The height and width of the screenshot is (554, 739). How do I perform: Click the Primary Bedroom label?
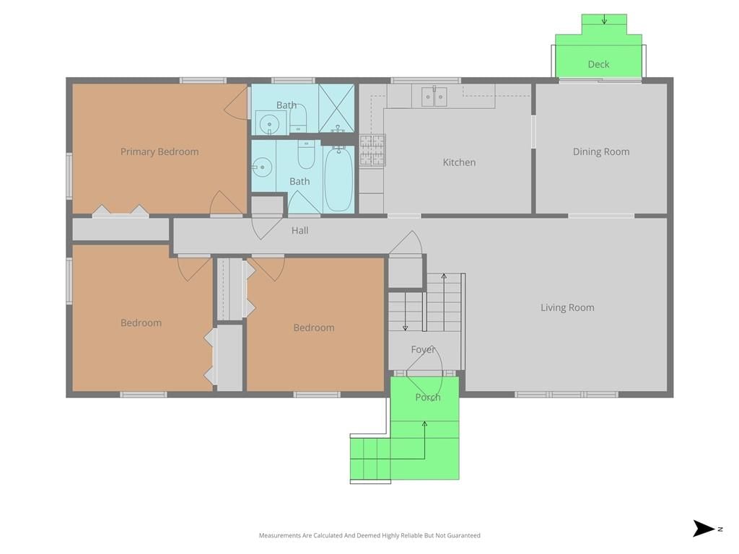159,151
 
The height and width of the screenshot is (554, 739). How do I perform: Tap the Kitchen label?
459,162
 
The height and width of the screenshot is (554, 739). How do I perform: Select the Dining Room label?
601,151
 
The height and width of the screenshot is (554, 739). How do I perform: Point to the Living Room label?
567,307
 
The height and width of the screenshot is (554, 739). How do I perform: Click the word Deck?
598,64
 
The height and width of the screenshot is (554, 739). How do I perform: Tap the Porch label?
427,397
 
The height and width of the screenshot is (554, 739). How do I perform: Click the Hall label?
299,230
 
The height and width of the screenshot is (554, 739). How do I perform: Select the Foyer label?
423,350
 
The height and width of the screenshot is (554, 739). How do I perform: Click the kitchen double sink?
434,97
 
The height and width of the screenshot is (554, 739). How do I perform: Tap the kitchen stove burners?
372,150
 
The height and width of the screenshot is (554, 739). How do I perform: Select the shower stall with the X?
336,108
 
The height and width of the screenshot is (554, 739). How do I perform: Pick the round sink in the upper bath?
269,124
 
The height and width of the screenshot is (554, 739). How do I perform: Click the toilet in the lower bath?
306,154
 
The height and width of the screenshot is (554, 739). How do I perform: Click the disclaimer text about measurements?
369,535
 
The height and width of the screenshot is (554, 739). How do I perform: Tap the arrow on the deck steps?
604,19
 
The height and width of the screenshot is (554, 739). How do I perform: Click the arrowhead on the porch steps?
424,424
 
